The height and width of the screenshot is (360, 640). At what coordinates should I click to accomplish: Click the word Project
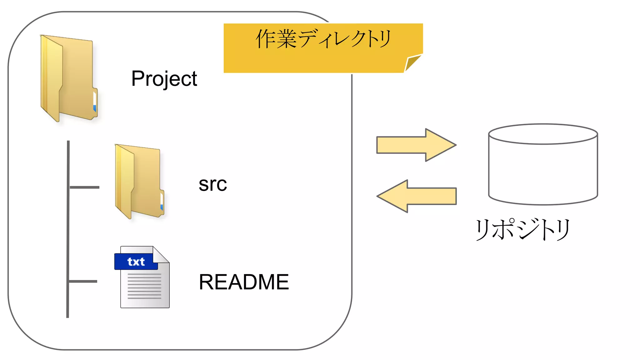point(164,78)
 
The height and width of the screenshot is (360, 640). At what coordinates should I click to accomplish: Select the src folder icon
point(139,181)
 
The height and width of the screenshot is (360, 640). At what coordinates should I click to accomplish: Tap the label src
point(212,184)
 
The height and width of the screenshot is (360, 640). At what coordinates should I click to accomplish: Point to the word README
point(244,282)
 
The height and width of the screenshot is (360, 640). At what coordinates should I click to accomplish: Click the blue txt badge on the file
point(136,262)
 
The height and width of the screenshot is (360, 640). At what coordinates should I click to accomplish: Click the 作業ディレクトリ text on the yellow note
point(323,39)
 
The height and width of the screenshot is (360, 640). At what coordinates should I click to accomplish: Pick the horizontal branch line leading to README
point(83,281)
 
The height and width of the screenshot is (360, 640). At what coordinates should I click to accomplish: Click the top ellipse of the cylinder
point(543,134)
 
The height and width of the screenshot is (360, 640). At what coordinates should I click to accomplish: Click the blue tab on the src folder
point(162,207)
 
